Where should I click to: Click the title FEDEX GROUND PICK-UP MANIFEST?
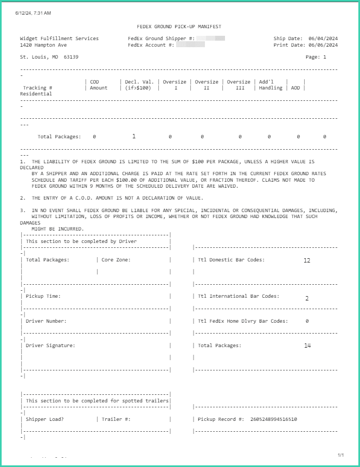[x=179, y=27]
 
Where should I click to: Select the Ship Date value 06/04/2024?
[x=323, y=39]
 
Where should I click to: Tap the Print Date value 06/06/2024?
[x=323, y=45]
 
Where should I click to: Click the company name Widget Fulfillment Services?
[x=59, y=39]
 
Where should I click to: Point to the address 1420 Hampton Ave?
[x=43, y=45]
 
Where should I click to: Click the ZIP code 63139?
[x=71, y=56]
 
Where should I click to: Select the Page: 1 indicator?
[x=316, y=56]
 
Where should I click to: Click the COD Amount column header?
[x=99, y=85]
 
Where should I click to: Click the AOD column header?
[x=295, y=88]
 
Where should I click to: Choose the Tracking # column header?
[x=37, y=88]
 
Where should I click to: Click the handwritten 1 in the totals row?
[x=134, y=136]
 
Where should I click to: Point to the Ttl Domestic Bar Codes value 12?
[x=307, y=260]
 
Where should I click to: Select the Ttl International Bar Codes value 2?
[x=307, y=298]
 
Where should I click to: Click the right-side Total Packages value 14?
[x=307, y=346]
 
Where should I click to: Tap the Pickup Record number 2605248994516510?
[x=274, y=419]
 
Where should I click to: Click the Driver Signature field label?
[x=50, y=346]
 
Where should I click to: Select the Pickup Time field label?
[x=43, y=296]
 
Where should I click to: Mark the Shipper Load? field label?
[x=44, y=419]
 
